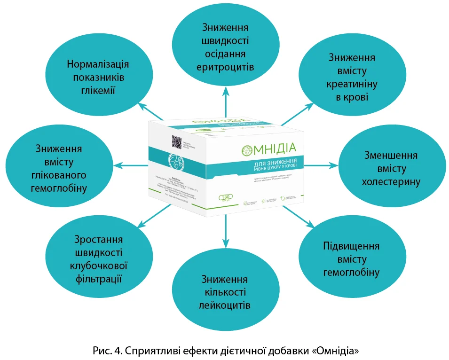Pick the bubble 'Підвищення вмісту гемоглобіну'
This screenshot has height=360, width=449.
tap(351, 259)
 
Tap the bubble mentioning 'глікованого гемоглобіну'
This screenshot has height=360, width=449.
tap(58, 168)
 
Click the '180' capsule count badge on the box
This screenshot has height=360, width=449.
tap(223, 196)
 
